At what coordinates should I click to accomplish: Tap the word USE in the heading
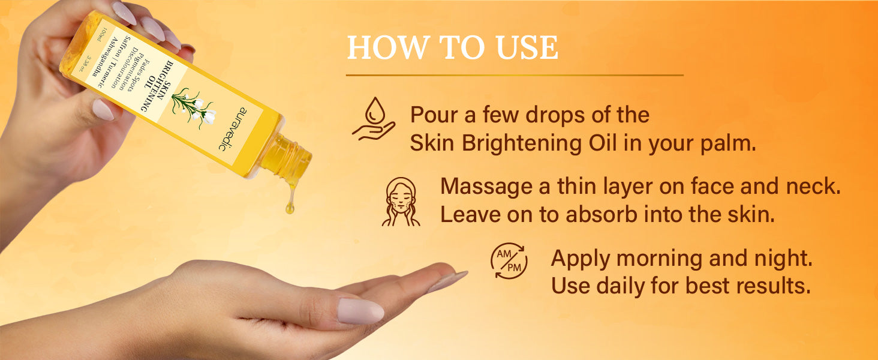(527, 47)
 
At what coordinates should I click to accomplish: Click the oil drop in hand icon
(374, 119)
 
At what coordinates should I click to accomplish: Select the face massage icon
(401, 202)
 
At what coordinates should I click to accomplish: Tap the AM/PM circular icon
(509, 261)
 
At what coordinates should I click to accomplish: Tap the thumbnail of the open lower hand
(360, 311)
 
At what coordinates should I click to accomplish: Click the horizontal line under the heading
(515, 75)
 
